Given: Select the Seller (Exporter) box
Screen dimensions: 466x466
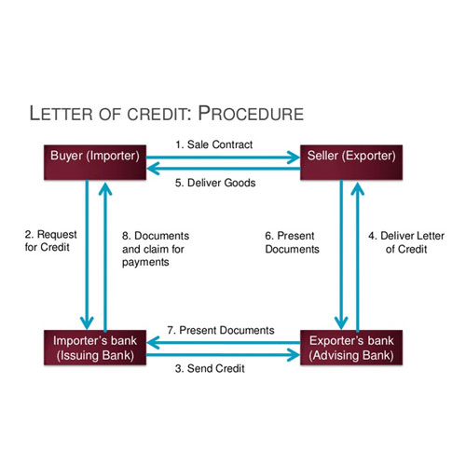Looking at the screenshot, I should coord(349,155).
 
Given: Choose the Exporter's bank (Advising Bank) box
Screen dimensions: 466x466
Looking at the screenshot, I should coord(349,345).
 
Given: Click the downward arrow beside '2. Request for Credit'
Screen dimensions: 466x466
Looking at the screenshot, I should coord(89,252).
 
